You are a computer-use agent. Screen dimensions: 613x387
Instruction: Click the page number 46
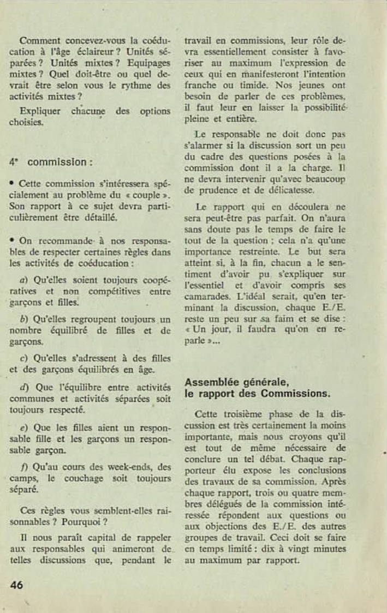(16, 585)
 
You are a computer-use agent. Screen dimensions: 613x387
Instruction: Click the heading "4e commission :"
(51, 162)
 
